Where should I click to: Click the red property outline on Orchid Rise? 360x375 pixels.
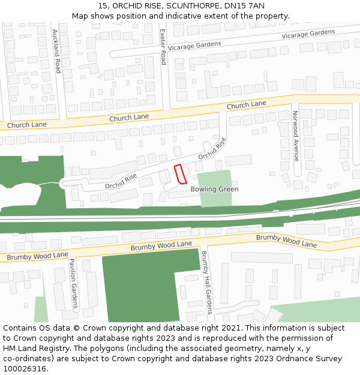pyautogui.click(x=180, y=174)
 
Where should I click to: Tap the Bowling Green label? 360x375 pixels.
pyautogui.click(x=214, y=189)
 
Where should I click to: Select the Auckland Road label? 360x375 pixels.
pyautogui.click(x=56, y=51)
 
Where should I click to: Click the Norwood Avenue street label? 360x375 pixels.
pyautogui.click(x=295, y=136)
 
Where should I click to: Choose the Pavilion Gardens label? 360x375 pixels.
pyautogui.click(x=73, y=283)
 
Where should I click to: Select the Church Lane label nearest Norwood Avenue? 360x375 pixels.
pyautogui.click(x=246, y=105)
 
